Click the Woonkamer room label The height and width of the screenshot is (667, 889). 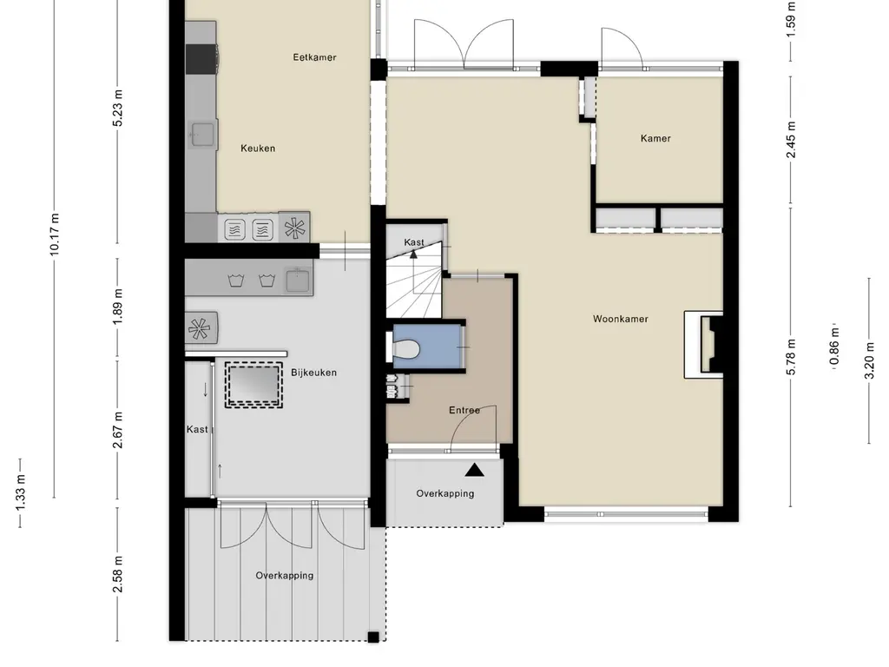click(x=620, y=319)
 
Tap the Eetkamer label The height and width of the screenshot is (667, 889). click(x=314, y=57)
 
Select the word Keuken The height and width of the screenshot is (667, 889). click(x=258, y=148)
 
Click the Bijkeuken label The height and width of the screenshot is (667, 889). click(x=313, y=372)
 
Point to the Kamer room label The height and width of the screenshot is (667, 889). click(x=655, y=138)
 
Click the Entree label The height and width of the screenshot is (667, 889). click(x=464, y=410)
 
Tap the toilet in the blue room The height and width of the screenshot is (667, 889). click(x=406, y=349)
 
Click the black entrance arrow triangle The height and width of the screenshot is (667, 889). click(x=474, y=471)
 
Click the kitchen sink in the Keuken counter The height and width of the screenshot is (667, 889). click(x=203, y=133)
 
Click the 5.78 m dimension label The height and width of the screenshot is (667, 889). click(x=791, y=356)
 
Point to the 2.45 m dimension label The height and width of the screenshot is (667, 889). click(x=791, y=140)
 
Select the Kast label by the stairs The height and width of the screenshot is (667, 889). click(x=414, y=242)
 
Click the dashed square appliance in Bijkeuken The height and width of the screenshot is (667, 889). click(x=254, y=384)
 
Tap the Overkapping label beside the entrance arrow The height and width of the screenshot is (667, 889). click(x=445, y=493)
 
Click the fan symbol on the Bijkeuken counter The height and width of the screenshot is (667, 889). click(x=199, y=328)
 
